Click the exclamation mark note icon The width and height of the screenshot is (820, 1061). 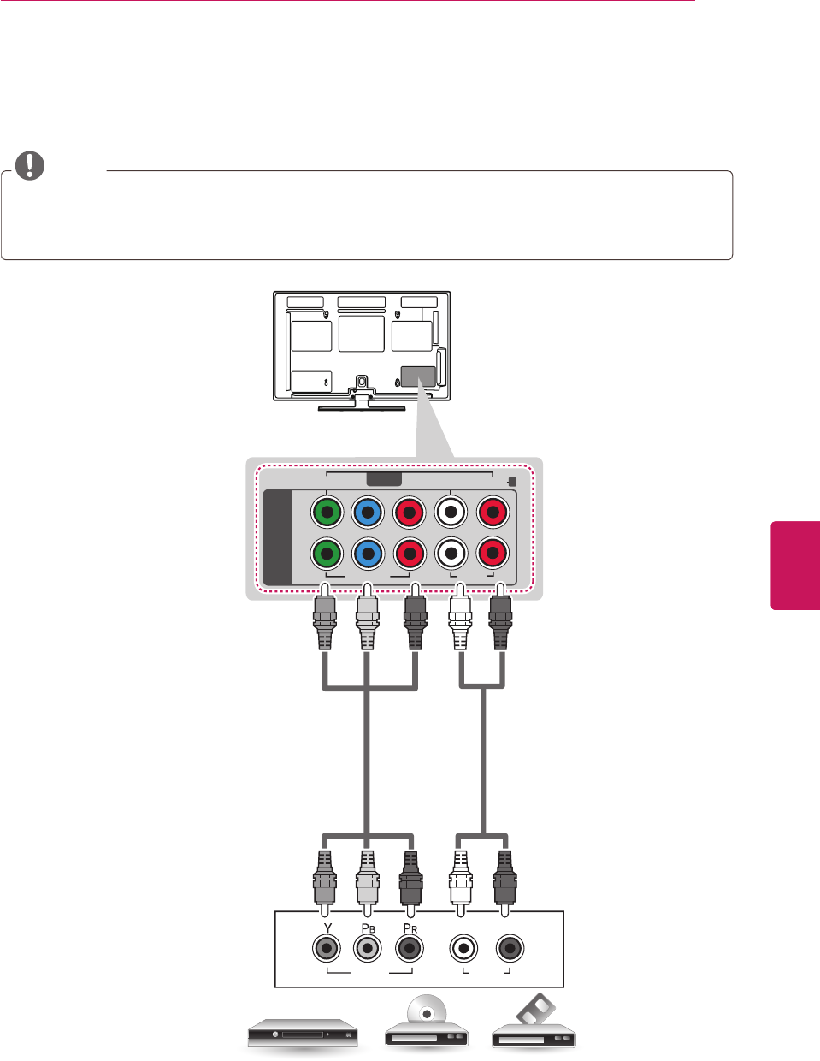30,165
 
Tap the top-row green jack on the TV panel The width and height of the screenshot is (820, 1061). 327,513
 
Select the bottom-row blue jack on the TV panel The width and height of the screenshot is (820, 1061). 368,554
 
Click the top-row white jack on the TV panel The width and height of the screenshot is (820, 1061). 451,513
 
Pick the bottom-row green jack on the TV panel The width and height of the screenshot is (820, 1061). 327,554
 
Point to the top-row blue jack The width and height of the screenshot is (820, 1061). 368,513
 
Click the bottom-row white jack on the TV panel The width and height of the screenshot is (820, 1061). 451,554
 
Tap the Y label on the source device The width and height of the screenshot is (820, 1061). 327,928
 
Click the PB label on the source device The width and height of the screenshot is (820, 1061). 368,928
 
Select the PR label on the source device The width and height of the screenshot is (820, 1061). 410,928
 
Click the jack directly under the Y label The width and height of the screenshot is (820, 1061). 327,948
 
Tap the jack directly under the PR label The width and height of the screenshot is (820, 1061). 410,948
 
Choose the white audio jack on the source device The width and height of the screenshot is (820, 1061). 463,948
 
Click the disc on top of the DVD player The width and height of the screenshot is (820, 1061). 428,1009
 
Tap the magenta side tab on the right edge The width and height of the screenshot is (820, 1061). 796,565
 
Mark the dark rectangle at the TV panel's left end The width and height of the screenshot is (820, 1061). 277,537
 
